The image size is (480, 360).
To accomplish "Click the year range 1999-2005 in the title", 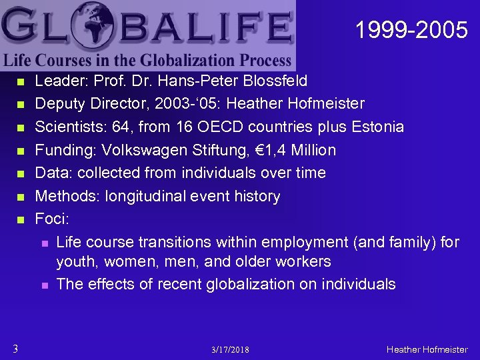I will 411,30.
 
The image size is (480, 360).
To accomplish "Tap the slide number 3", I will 15,348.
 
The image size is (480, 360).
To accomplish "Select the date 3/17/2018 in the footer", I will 231,349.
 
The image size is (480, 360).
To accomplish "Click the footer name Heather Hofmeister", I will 427,349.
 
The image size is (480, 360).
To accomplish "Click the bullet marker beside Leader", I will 19,82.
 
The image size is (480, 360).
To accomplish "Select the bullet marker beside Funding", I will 19,151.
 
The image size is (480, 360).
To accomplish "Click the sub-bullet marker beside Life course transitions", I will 45,242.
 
